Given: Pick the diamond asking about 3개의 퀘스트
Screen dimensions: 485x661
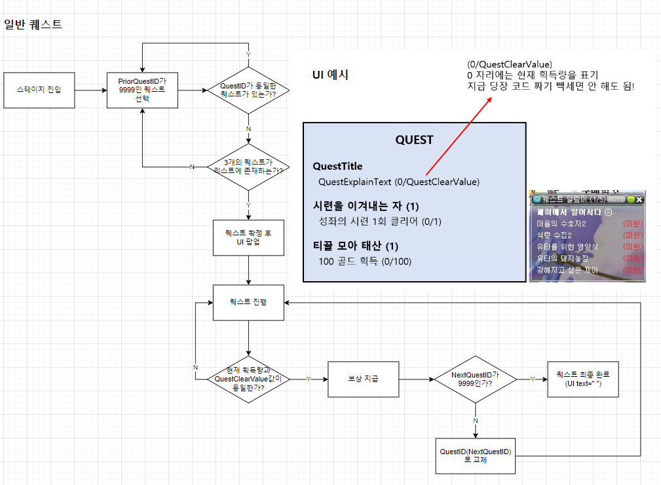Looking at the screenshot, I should (248, 166).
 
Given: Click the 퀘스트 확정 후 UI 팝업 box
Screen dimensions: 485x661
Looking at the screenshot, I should (248, 237).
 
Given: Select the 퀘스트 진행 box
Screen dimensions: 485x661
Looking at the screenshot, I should (248, 302).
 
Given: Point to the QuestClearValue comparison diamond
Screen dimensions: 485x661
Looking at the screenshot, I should (248, 379).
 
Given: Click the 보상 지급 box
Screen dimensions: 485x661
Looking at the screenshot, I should (363, 379).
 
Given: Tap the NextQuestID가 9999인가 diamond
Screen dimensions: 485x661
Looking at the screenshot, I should (476, 379).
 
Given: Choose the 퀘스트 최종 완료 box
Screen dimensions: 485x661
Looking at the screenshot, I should (583, 379).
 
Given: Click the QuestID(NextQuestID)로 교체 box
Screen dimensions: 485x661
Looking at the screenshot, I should (476, 456).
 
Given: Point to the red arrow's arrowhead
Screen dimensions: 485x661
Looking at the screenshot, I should (491, 98).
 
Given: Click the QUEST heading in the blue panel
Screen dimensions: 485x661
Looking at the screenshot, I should (414, 140).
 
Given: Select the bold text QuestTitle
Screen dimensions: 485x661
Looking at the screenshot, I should (337, 166).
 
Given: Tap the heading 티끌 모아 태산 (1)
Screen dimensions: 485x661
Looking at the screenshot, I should (364, 246).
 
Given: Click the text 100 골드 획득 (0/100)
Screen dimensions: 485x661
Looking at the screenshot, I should (365, 262).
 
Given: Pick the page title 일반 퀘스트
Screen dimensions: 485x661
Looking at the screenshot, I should (33, 25).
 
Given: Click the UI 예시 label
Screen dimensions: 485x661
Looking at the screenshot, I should (330, 75).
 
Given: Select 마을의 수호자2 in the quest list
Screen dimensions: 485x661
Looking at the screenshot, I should (561, 224).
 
